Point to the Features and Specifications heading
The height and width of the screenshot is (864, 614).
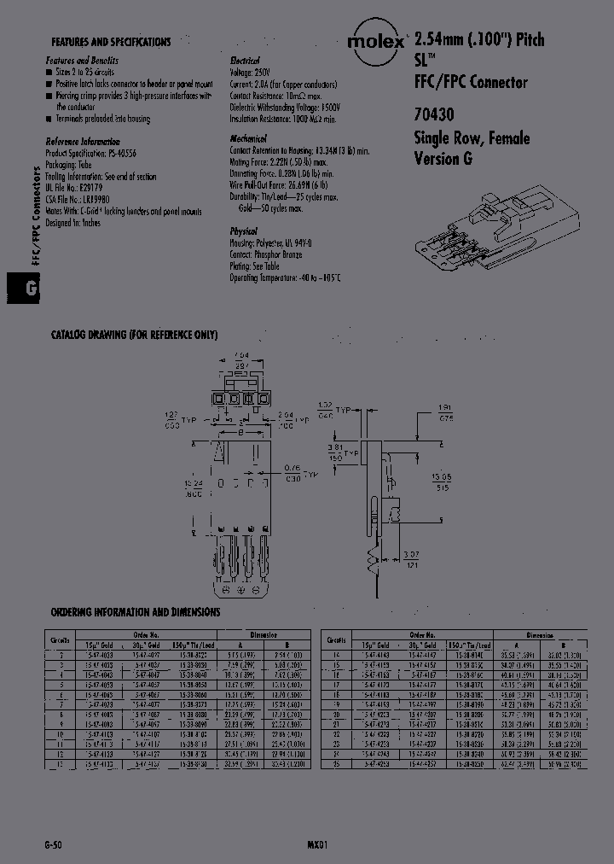111,42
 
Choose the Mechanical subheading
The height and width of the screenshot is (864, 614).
249,138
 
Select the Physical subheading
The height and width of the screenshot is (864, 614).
244,231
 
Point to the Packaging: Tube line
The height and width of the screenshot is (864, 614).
81,162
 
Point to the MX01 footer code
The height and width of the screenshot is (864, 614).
318,843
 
